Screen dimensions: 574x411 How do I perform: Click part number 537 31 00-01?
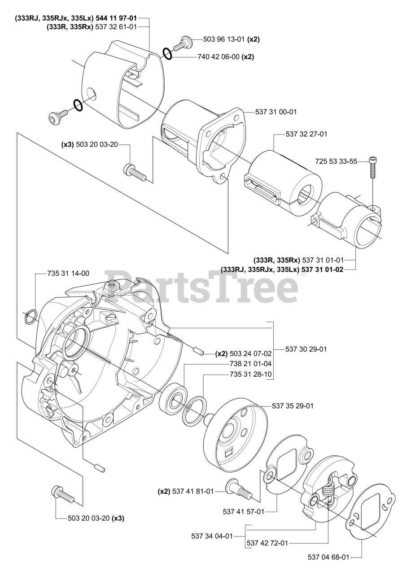pos(276,112)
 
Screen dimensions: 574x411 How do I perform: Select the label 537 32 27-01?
pos(306,134)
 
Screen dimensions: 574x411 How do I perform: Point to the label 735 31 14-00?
pos(68,273)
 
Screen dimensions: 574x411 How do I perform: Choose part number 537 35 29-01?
pos(293,406)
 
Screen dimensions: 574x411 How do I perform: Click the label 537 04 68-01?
pos(328,557)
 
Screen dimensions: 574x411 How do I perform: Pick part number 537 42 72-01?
pos(267,543)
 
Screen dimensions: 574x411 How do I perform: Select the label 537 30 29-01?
pos(306,348)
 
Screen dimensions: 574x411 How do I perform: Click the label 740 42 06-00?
pos(219,57)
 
